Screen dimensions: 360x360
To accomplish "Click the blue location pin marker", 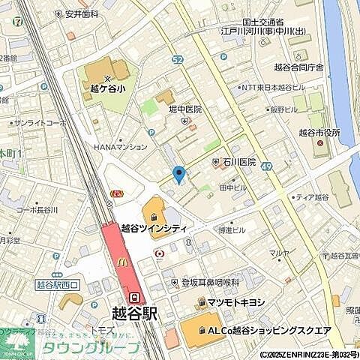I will pos(178,174).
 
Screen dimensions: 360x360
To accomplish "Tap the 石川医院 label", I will pos(238,161).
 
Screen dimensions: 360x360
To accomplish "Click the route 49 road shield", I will pos(266,174).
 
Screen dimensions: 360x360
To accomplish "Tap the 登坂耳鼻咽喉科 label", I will pos(210,283).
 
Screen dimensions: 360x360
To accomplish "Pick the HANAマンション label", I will pos(121,147).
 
